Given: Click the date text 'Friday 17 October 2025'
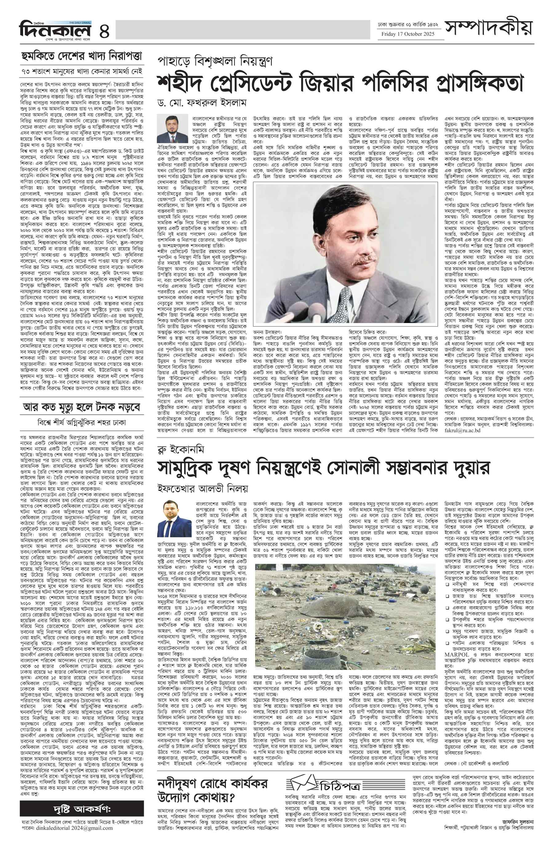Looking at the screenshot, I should tap(408, 34).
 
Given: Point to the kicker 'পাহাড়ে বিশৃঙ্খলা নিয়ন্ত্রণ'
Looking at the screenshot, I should tap(215, 61).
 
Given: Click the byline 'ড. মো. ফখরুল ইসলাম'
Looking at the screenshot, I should tap(202, 103).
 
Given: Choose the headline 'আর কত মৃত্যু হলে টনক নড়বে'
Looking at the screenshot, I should tap(82, 407).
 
